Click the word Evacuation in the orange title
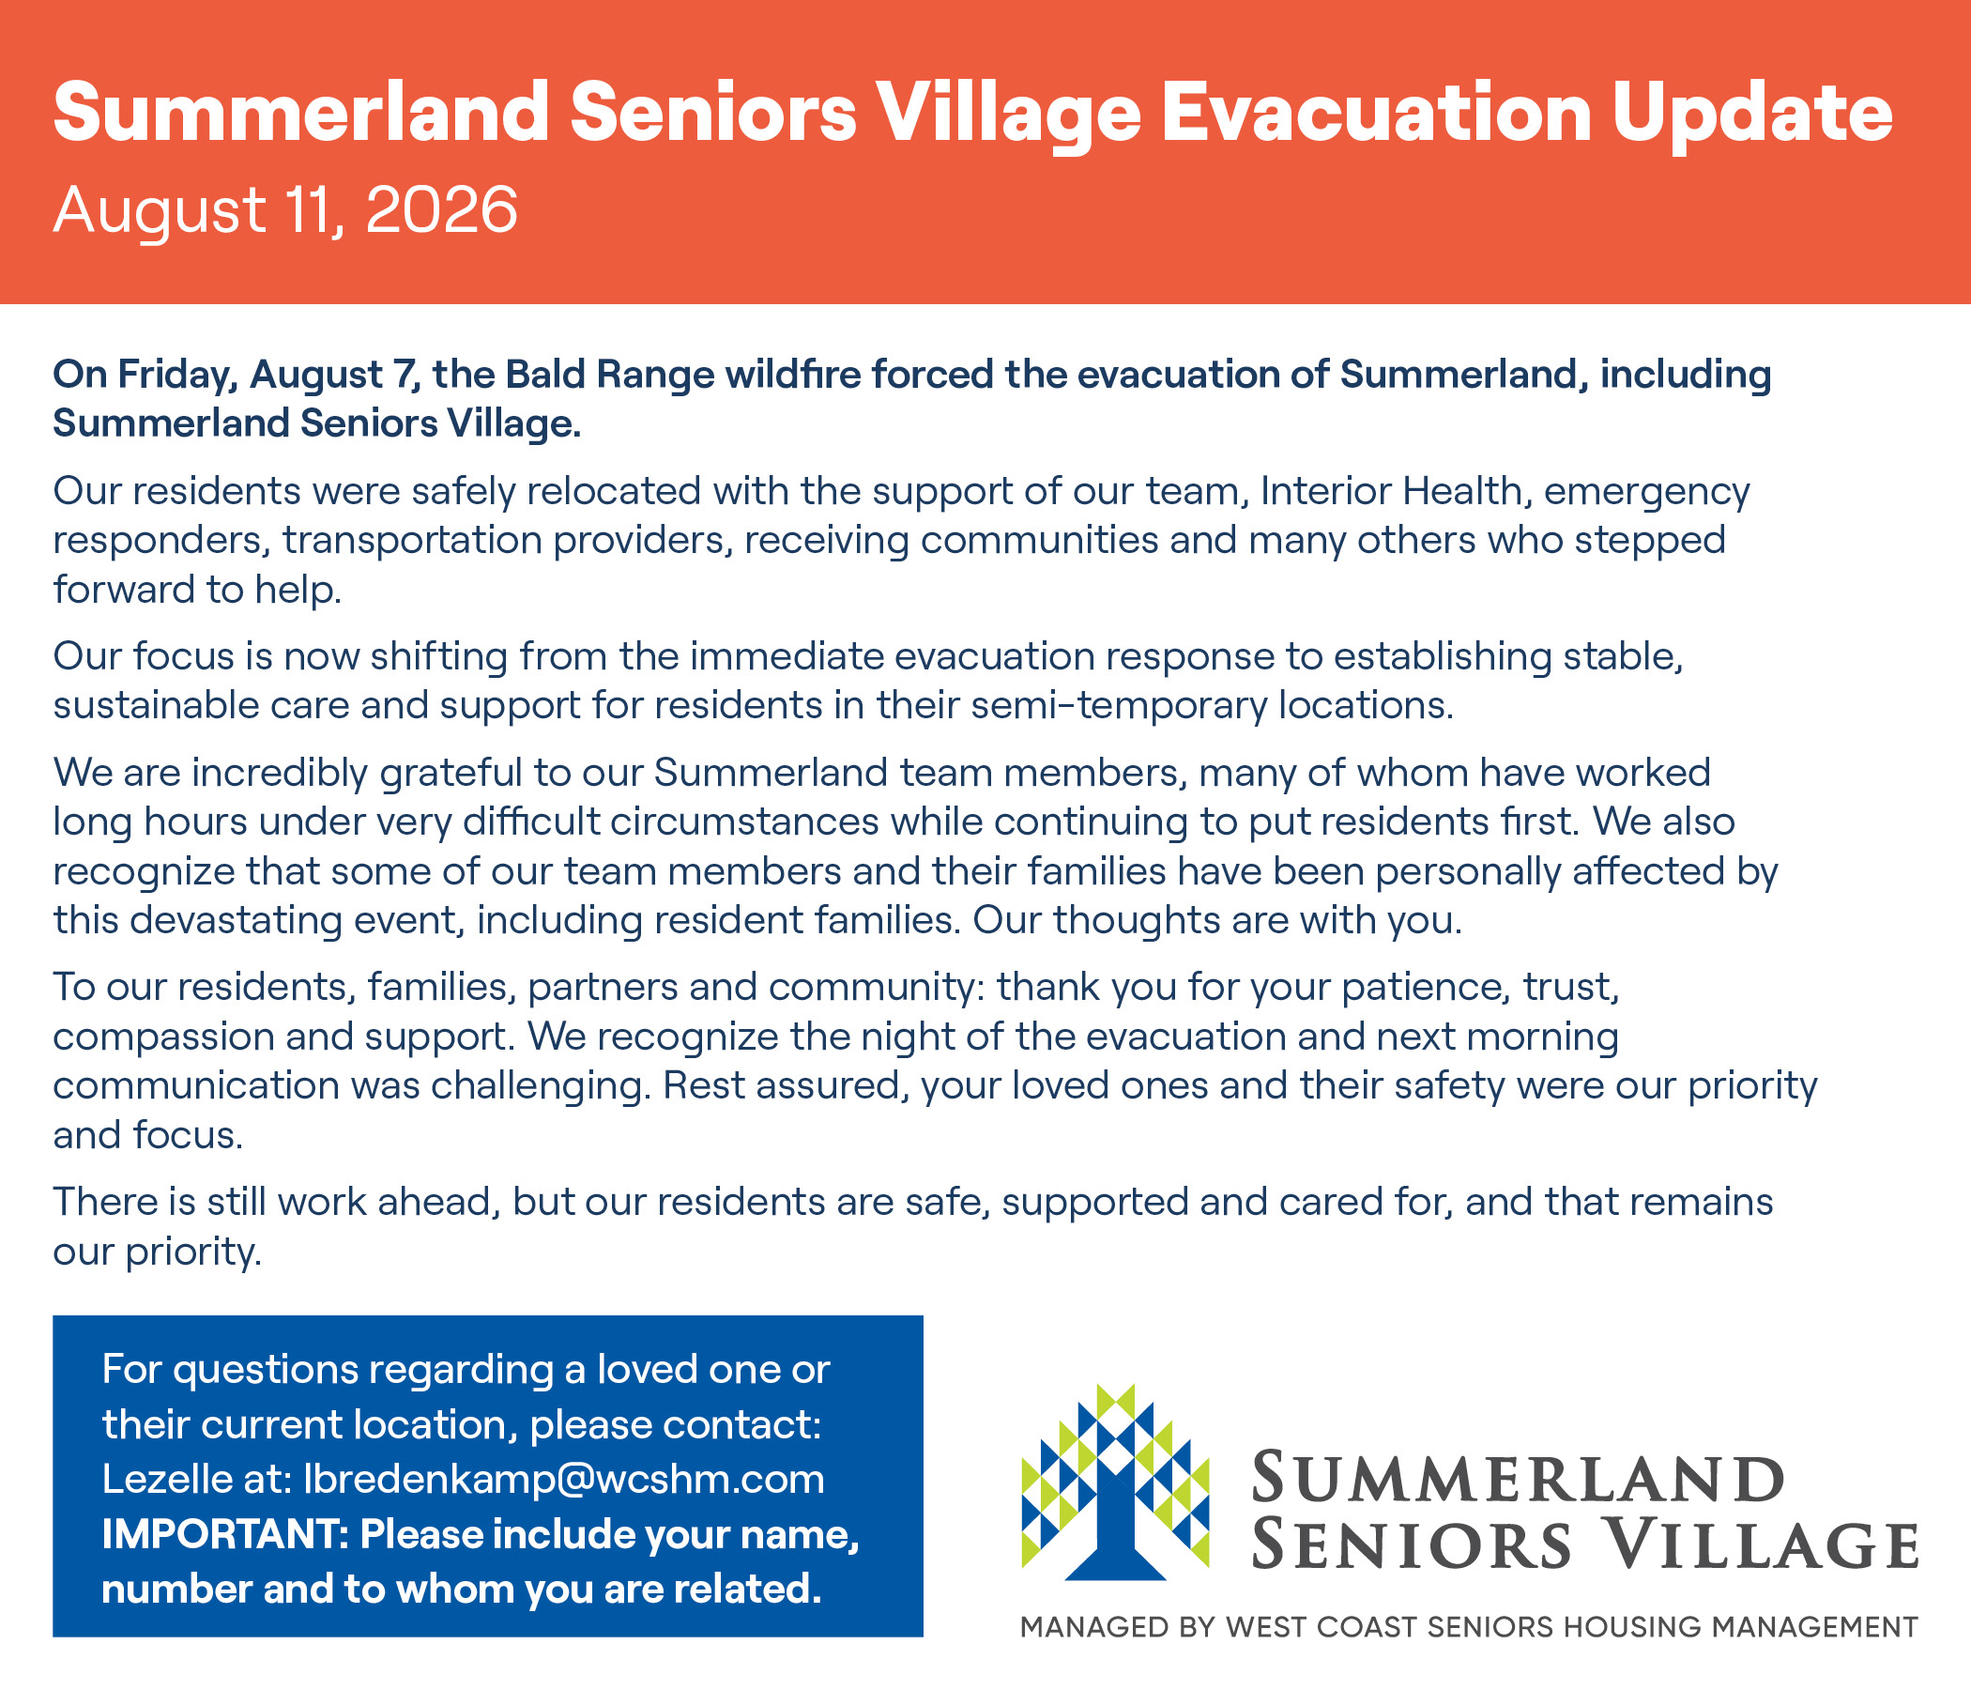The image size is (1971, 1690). coord(1378,113)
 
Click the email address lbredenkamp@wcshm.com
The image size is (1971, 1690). coord(564,1479)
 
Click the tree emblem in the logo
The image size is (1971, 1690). coord(1115,1482)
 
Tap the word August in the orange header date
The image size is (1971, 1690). coord(159,211)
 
